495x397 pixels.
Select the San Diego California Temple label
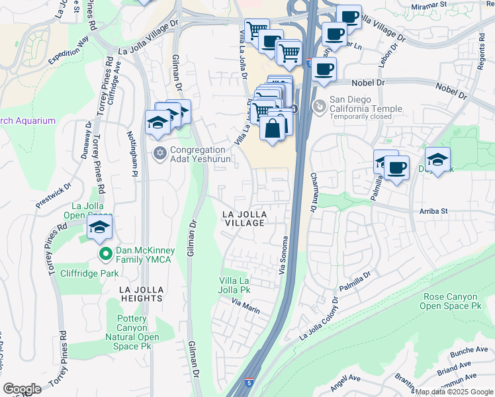[x=366, y=109]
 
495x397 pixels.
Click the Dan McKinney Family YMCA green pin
[x=105, y=253]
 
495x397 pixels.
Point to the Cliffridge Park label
[x=89, y=271]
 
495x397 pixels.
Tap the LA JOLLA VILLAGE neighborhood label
[x=244, y=219]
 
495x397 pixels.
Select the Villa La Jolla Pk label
[x=235, y=286]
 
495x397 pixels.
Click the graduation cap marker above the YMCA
[x=99, y=228]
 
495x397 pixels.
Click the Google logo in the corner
[x=22, y=389]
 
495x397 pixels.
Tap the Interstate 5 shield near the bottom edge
[x=247, y=382]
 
